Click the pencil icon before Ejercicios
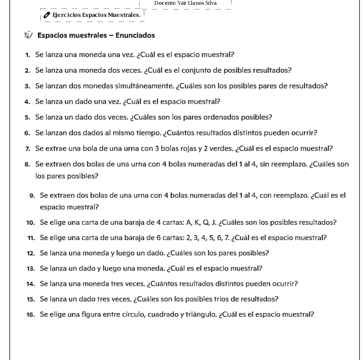[x=47, y=15]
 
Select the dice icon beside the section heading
[x=28, y=36]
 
